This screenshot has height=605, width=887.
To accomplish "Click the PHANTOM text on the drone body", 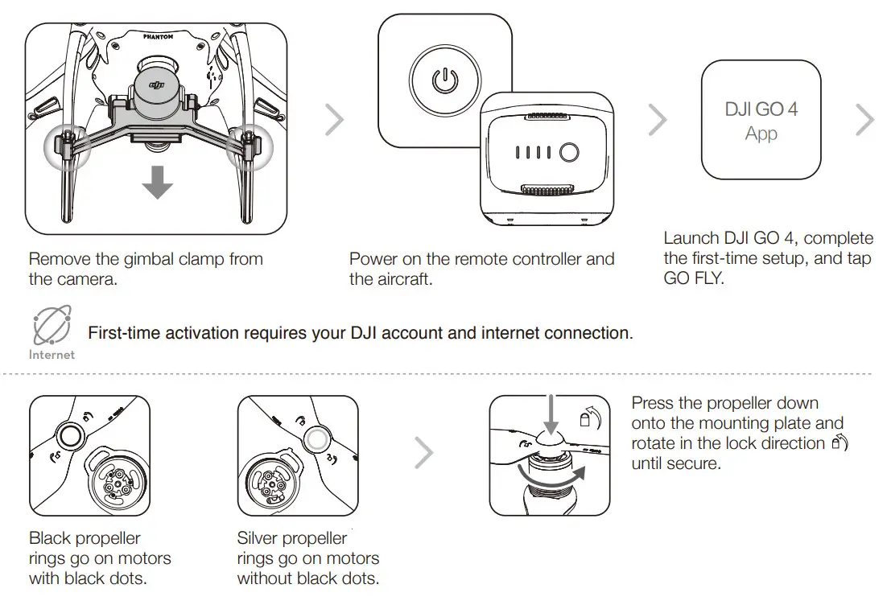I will pos(157,37).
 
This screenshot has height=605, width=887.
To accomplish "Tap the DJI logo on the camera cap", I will pos(156,83).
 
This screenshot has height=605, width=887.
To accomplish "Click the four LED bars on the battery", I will pos(533,153).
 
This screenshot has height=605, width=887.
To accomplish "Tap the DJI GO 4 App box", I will pos(761,120).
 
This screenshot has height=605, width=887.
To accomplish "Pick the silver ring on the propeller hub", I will pos(317,438).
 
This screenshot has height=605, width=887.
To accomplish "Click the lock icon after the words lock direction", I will pos(839,444).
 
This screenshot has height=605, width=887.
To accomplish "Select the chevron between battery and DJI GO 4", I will pos(658,121).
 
